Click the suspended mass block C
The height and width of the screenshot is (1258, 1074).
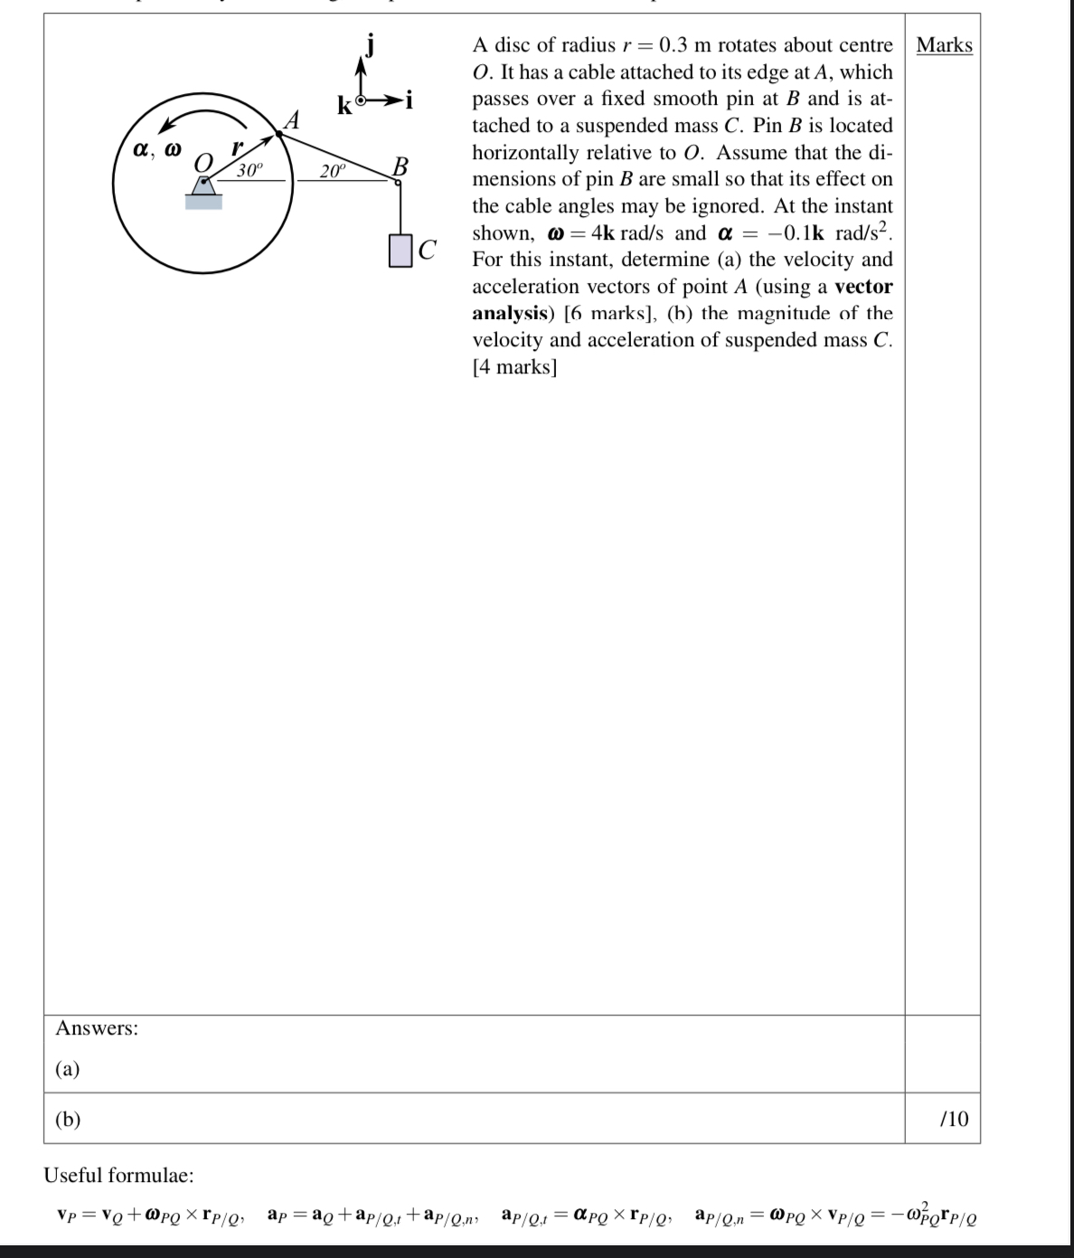click(400, 251)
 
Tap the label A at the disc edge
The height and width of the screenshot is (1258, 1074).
click(291, 119)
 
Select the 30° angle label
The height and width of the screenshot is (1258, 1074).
click(250, 171)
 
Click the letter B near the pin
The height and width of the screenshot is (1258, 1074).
click(400, 166)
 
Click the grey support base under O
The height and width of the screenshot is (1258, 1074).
click(204, 201)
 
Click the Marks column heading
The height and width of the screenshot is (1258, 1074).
click(944, 45)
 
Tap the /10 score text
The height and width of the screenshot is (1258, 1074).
click(954, 1119)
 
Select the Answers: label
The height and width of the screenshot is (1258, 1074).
click(97, 1027)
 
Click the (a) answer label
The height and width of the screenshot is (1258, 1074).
click(68, 1069)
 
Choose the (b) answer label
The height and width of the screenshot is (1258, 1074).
click(68, 1119)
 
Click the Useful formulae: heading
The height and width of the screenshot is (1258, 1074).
click(118, 1175)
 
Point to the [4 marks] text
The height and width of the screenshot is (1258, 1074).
click(514, 366)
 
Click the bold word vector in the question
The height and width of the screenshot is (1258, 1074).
click(863, 287)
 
